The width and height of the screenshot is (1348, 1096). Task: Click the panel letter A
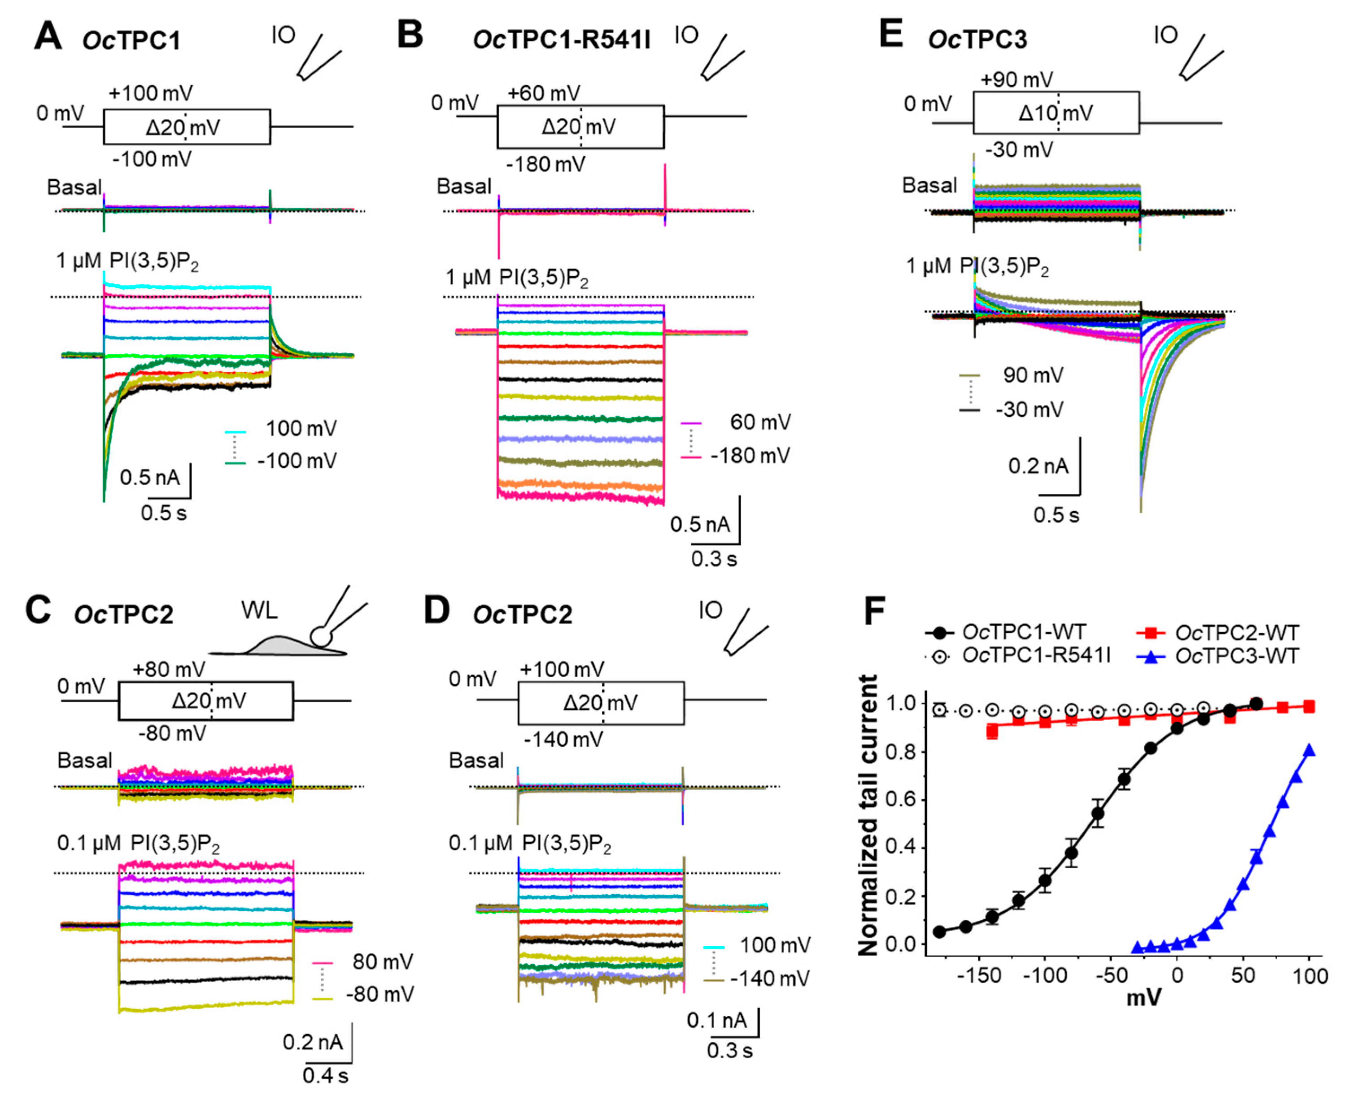pos(48,37)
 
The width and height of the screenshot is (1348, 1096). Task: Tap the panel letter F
pos(873,611)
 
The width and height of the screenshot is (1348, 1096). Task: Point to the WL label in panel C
pos(259,610)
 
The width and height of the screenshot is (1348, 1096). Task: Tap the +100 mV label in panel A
pos(150,93)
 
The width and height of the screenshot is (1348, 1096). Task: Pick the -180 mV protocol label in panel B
pos(545,164)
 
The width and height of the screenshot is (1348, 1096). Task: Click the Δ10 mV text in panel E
pos(1055,113)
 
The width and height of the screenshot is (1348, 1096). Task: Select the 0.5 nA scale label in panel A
pos(150,477)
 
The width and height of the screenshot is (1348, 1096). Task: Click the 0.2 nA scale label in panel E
pos(1038,466)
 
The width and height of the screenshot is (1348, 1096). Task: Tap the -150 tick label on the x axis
pos(979,975)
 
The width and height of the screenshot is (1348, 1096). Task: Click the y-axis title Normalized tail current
pos(868,814)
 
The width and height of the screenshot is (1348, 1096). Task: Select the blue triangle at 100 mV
pos(1309,750)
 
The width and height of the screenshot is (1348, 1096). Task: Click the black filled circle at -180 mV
pos(939,932)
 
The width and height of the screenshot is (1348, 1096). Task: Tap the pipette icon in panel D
pos(746,631)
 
